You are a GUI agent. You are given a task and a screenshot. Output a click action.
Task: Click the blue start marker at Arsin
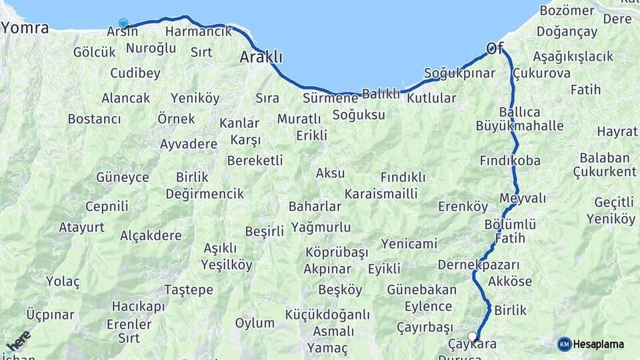123,23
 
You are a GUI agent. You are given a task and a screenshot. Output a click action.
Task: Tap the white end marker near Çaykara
473,336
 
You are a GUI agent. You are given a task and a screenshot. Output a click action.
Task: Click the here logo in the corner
17,343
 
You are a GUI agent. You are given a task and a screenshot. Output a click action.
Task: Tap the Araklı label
261,57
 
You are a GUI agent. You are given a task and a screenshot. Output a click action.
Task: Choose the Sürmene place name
330,98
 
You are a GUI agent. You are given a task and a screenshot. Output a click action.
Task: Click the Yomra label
25,28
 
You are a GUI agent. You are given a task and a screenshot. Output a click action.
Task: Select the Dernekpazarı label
479,265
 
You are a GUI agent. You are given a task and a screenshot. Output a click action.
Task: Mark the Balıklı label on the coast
381,93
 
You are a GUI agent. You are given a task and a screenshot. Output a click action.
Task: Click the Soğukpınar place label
459,73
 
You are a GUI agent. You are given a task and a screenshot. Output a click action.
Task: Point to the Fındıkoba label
510,161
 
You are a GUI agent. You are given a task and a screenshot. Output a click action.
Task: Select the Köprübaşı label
337,253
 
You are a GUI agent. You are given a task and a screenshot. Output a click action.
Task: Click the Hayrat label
617,131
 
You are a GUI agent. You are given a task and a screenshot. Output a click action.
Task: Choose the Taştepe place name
189,289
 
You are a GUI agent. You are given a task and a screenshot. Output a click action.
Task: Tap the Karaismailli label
381,193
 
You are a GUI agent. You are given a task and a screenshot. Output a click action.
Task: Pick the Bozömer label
567,11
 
